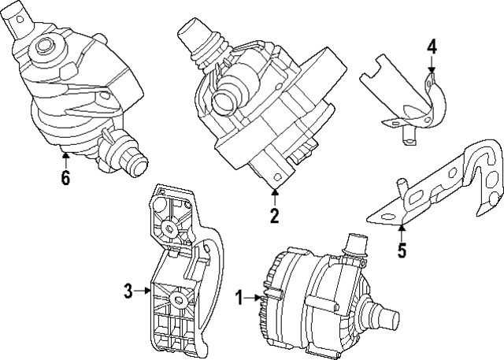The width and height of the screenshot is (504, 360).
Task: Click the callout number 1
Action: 239,299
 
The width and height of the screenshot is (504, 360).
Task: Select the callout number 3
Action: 128,291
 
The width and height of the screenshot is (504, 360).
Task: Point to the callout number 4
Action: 431,46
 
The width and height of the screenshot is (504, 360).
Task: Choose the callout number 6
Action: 65,178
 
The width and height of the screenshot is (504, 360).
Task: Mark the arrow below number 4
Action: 431,66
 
